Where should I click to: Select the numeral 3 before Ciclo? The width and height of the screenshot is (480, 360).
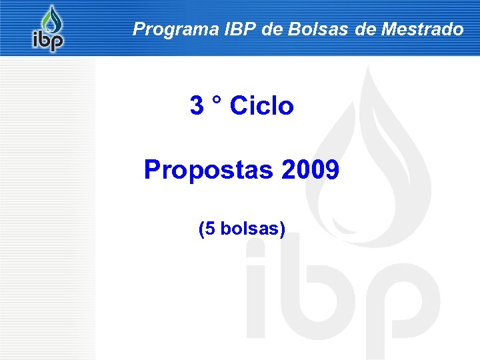coord(197,105)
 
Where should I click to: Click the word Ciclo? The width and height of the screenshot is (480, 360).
coord(261,105)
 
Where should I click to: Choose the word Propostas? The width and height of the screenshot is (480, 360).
coord(209,170)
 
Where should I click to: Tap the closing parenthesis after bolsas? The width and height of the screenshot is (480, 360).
coord(283,230)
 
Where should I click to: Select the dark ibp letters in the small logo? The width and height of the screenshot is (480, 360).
coord(48,41)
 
